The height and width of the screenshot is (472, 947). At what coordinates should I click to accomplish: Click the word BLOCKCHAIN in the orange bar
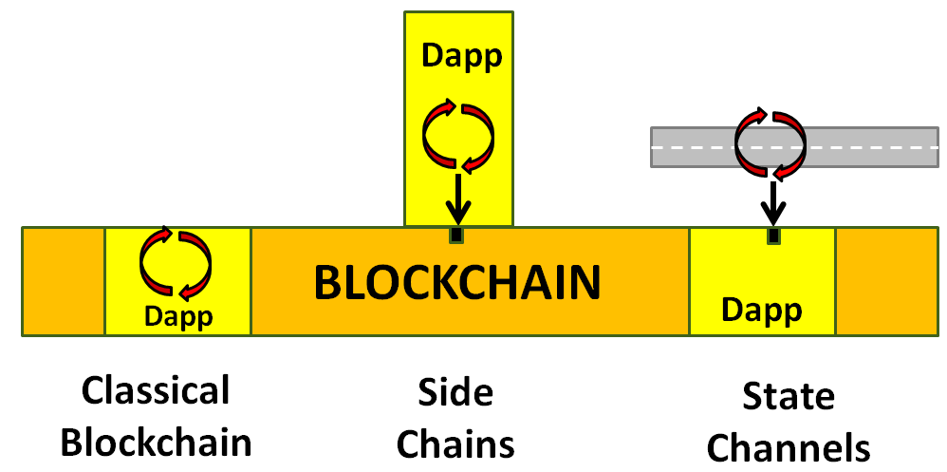point(457,282)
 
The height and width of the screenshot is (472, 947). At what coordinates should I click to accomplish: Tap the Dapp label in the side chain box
point(461,57)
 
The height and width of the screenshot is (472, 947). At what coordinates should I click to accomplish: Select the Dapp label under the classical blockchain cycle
point(177,315)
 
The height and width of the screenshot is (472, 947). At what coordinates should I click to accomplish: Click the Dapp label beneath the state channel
point(762,309)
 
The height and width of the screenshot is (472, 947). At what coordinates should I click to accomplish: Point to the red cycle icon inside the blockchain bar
point(177,263)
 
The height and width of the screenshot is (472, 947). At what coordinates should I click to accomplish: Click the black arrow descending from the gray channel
point(775,202)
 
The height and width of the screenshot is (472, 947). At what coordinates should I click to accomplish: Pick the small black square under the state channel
point(774,235)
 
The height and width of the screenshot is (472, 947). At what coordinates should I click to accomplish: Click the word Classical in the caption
point(156,391)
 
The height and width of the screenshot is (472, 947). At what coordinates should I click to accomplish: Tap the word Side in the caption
point(455,391)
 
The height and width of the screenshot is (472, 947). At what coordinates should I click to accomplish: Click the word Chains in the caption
point(455,443)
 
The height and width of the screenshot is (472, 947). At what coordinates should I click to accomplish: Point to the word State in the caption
point(789,395)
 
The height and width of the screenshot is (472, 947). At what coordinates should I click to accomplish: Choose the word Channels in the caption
point(789,446)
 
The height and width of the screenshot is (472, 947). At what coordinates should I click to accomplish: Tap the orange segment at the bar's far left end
point(63,281)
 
